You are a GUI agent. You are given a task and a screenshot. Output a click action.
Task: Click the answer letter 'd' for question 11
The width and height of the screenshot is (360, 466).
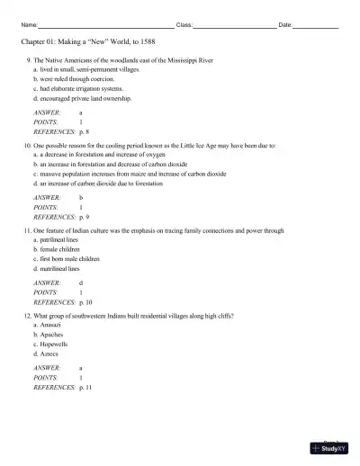pyautogui.click(x=81, y=282)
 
